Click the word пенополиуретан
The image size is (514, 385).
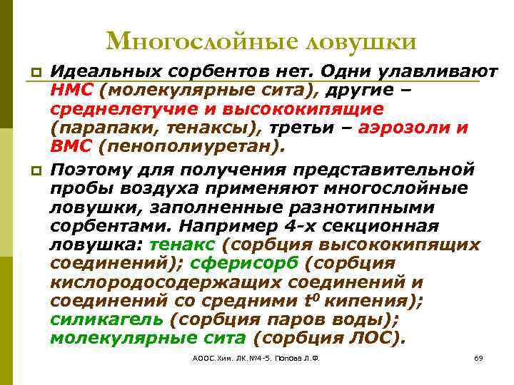point(191,147)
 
